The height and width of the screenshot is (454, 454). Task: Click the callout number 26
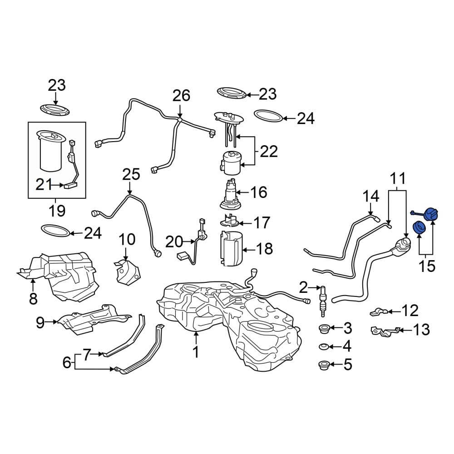point(181,95)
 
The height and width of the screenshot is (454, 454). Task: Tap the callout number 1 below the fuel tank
point(196,352)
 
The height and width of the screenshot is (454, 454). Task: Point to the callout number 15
point(427,266)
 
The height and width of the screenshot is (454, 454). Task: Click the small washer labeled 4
point(324,346)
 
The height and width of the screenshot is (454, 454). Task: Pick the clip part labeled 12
point(379,312)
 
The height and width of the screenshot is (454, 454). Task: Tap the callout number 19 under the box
point(57,211)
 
